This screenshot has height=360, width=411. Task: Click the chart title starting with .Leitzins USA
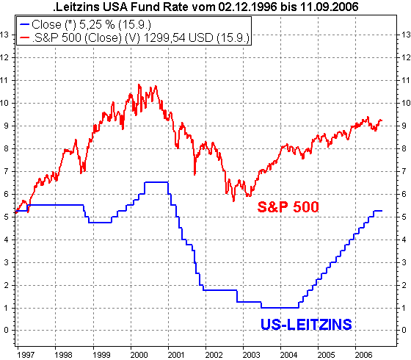click(x=205, y=7)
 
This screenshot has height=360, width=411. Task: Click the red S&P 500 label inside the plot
click(x=288, y=208)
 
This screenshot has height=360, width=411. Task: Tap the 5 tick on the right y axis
click(x=401, y=217)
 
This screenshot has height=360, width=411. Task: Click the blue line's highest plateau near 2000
click(x=156, y=181)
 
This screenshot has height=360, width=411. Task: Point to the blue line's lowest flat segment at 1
click(x=279, y=307)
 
